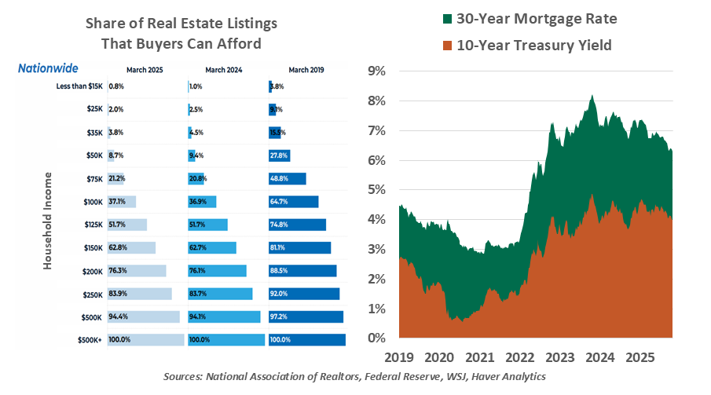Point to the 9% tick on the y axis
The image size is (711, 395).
(376, 71)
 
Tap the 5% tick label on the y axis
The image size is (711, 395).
(376, 190)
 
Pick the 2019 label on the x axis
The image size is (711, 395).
(400, 356)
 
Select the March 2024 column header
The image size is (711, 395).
(224, 70)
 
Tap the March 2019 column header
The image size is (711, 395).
(305, 70)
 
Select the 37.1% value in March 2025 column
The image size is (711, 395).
(118, 202)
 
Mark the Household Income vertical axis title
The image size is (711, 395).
(47, 224)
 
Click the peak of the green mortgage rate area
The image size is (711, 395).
(592, 96)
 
